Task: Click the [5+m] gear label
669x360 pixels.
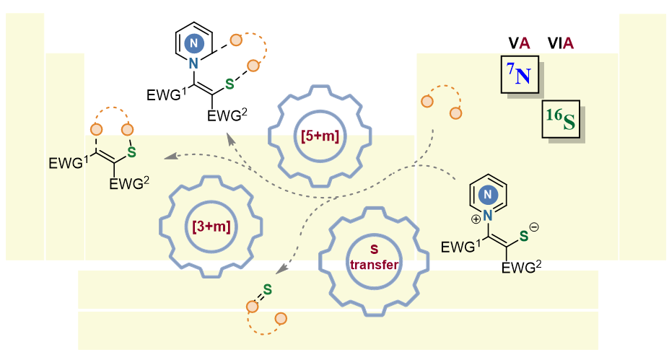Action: click(320, 133)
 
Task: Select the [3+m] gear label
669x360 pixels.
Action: click(211, 226)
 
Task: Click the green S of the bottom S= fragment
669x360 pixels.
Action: click(266, 290)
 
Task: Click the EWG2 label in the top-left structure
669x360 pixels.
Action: click(227, 115)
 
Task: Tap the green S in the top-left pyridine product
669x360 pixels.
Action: click(230, 84)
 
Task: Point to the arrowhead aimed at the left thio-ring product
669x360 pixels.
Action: click(167, 156)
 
